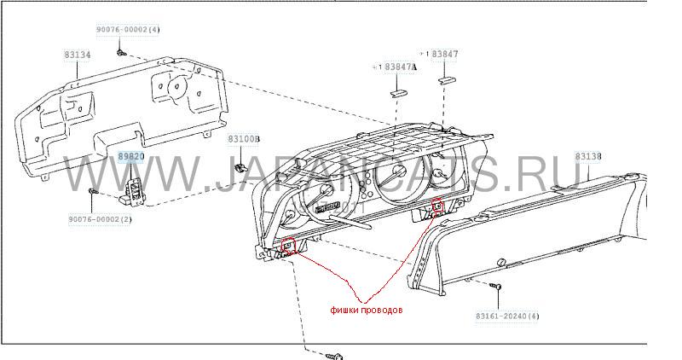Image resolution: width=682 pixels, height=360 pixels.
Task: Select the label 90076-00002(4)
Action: click(x=127, y=30)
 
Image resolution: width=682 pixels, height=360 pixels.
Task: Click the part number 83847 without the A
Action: click(x=445, y=54)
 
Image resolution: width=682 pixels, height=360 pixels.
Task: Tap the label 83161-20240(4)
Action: click(x=508, y=316)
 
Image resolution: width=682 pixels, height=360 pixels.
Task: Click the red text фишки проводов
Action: click(x=367, y=311)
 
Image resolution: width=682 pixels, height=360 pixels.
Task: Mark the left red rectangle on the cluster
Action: click(x=288, y=248)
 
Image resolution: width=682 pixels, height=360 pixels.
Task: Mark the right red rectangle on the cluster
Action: click(x=438, y=206)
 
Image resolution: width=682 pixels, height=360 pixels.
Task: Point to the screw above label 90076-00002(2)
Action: click(x=91, y=191)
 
